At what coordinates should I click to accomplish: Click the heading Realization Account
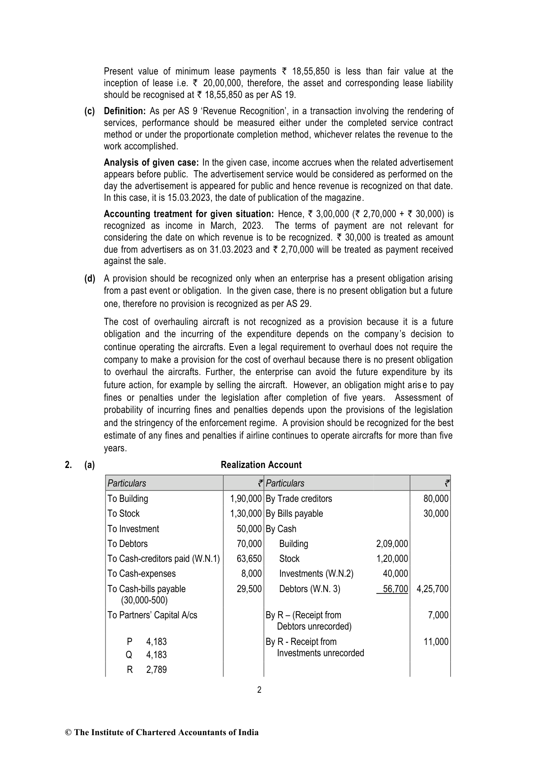coord(261,465)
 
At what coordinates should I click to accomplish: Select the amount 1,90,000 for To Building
coord(246,499)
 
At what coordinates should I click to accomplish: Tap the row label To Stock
coord(124,514)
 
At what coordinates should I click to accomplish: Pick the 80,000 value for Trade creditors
coord(436,499)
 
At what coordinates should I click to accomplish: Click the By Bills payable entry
coord(294,514)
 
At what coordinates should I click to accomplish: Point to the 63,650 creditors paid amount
coord(249,559)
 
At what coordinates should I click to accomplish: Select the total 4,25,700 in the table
coord(432,589)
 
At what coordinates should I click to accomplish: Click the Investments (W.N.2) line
coord(316,574)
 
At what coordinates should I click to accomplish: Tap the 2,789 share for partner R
coord(156,670)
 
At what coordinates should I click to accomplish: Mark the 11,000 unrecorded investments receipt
coord(436,642)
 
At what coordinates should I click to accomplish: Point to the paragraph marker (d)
coord(90,278)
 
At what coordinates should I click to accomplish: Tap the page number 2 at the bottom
coord(259,690)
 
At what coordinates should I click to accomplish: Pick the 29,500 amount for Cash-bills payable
coord(249,589)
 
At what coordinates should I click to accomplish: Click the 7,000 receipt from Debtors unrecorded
coord(438,615)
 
